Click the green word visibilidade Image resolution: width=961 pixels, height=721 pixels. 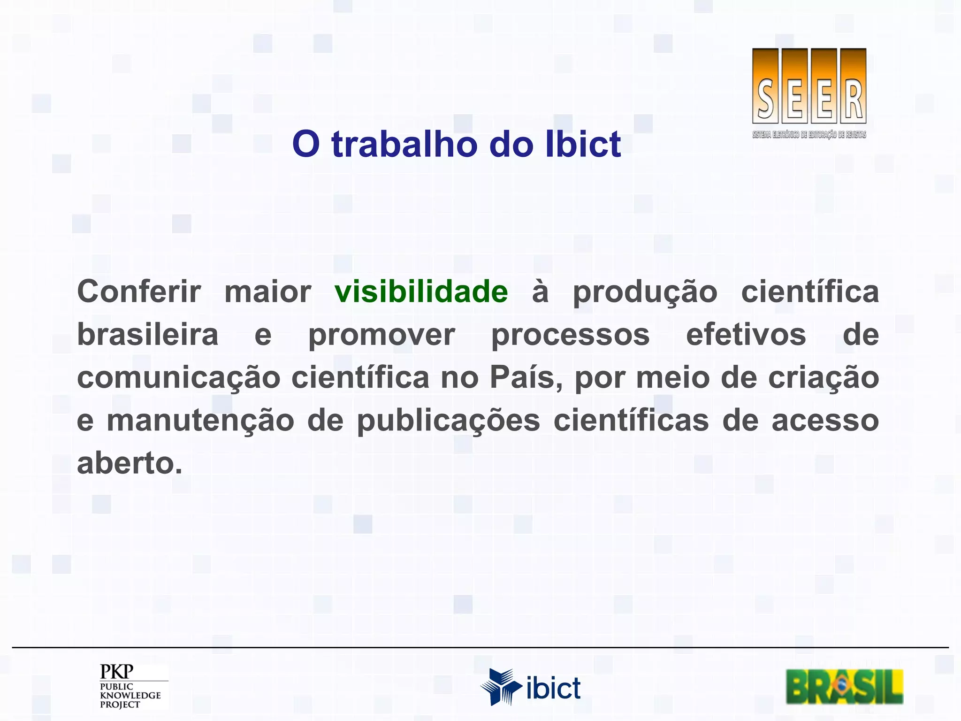[421, 292]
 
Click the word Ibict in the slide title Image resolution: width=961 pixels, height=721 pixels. [583, 144]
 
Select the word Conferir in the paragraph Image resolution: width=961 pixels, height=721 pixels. [139, 292]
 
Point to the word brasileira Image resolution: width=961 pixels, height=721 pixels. [147, 335]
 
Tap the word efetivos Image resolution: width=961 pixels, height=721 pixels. [746, 335]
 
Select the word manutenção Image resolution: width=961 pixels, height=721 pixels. [200, 421]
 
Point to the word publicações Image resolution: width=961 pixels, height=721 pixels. [448, 421]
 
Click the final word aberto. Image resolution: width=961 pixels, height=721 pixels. [129, 464]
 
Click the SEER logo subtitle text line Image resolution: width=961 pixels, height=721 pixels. [809, 135]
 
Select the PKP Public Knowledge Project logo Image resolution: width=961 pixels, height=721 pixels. [131, 686]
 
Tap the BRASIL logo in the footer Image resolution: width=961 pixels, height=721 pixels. [844, 686]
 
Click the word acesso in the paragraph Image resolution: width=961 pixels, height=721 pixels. [825, 421]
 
